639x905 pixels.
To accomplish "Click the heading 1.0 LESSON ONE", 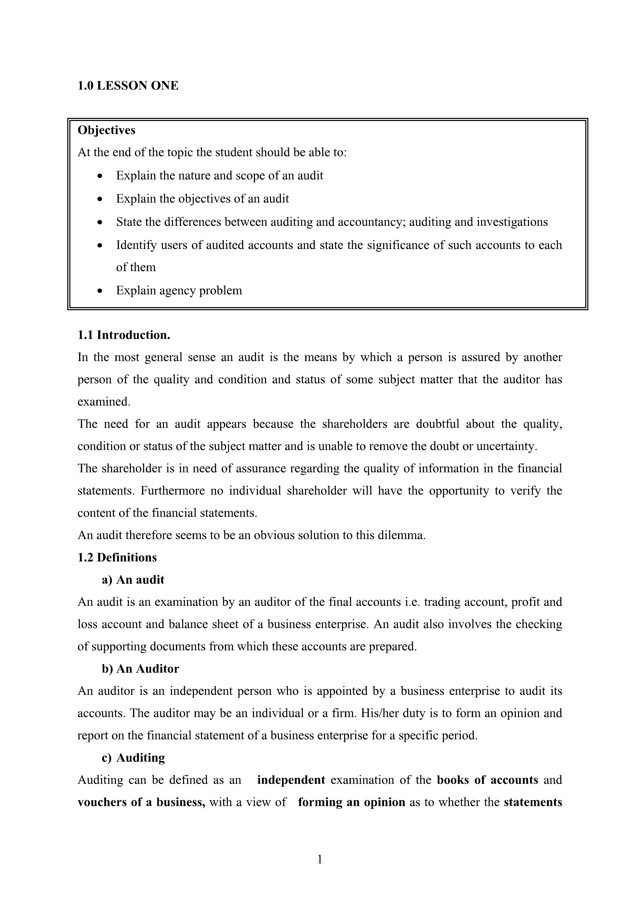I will point(128,86).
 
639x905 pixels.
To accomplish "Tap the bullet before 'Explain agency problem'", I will point(100,291).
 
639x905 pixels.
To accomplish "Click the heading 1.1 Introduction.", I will point(124,335).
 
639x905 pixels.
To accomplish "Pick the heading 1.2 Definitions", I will point(117,557).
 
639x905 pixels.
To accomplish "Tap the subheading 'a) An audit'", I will point(133,580).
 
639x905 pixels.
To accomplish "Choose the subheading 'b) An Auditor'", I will point(140,669).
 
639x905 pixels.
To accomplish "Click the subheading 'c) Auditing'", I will point(133,758).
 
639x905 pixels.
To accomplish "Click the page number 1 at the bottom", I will point(320,859).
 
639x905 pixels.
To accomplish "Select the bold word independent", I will point(291,780).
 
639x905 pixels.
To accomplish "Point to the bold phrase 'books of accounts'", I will point(487,780).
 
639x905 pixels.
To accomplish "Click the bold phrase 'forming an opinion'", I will point(352,803).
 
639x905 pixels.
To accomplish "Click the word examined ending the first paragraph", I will point(103,402).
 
